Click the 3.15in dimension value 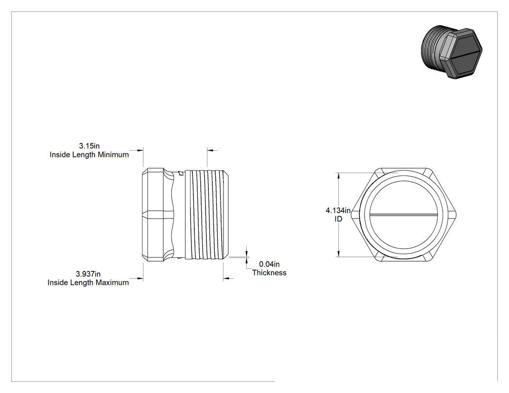pyautogui.click(x=89, y=146)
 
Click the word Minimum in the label pyautogui.click(x=113, y=155)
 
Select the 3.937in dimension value pyautogui.click(x=88, y=274)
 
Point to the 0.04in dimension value pyautogui.click(x=269, y=265)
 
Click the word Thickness pyautogui.click(x=270, y=273)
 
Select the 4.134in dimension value pyautogui.click(x=338, y=211)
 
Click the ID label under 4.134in pyautogui.click(x=338, y=219)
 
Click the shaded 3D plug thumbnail pyautogui.click(x=451, y=51)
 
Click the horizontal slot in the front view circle pyautogui.click(x=403, y=215)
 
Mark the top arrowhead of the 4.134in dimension pyautogui.click(x=339, y=176)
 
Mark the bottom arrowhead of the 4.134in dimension pyautogui.click(x=339, y=253)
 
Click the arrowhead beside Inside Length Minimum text pyautogui.click(x=140, y=150)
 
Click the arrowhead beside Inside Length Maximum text pyautogui.click(x=140, y=279)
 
